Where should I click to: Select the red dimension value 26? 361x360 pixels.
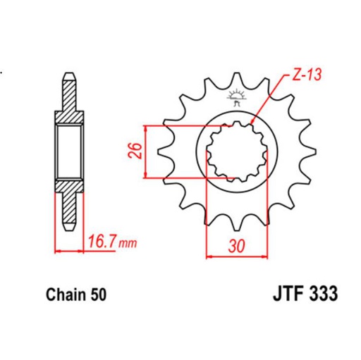click(x=139, y=151)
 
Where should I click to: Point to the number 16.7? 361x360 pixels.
click(x=102, y=243)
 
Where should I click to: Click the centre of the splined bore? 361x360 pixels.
click(x=235, y=150)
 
